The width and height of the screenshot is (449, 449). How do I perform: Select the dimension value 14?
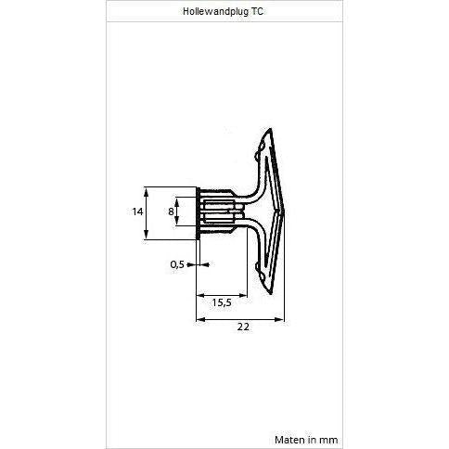136,212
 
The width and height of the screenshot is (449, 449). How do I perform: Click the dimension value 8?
171,212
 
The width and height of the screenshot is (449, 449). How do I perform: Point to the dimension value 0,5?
176,264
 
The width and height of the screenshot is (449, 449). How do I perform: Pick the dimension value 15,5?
221,302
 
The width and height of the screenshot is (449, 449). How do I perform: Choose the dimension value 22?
243,327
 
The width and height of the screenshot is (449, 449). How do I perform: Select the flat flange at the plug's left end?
198,212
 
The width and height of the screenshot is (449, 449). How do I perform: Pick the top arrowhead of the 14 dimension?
146,188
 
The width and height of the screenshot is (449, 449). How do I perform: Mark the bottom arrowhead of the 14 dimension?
146,237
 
